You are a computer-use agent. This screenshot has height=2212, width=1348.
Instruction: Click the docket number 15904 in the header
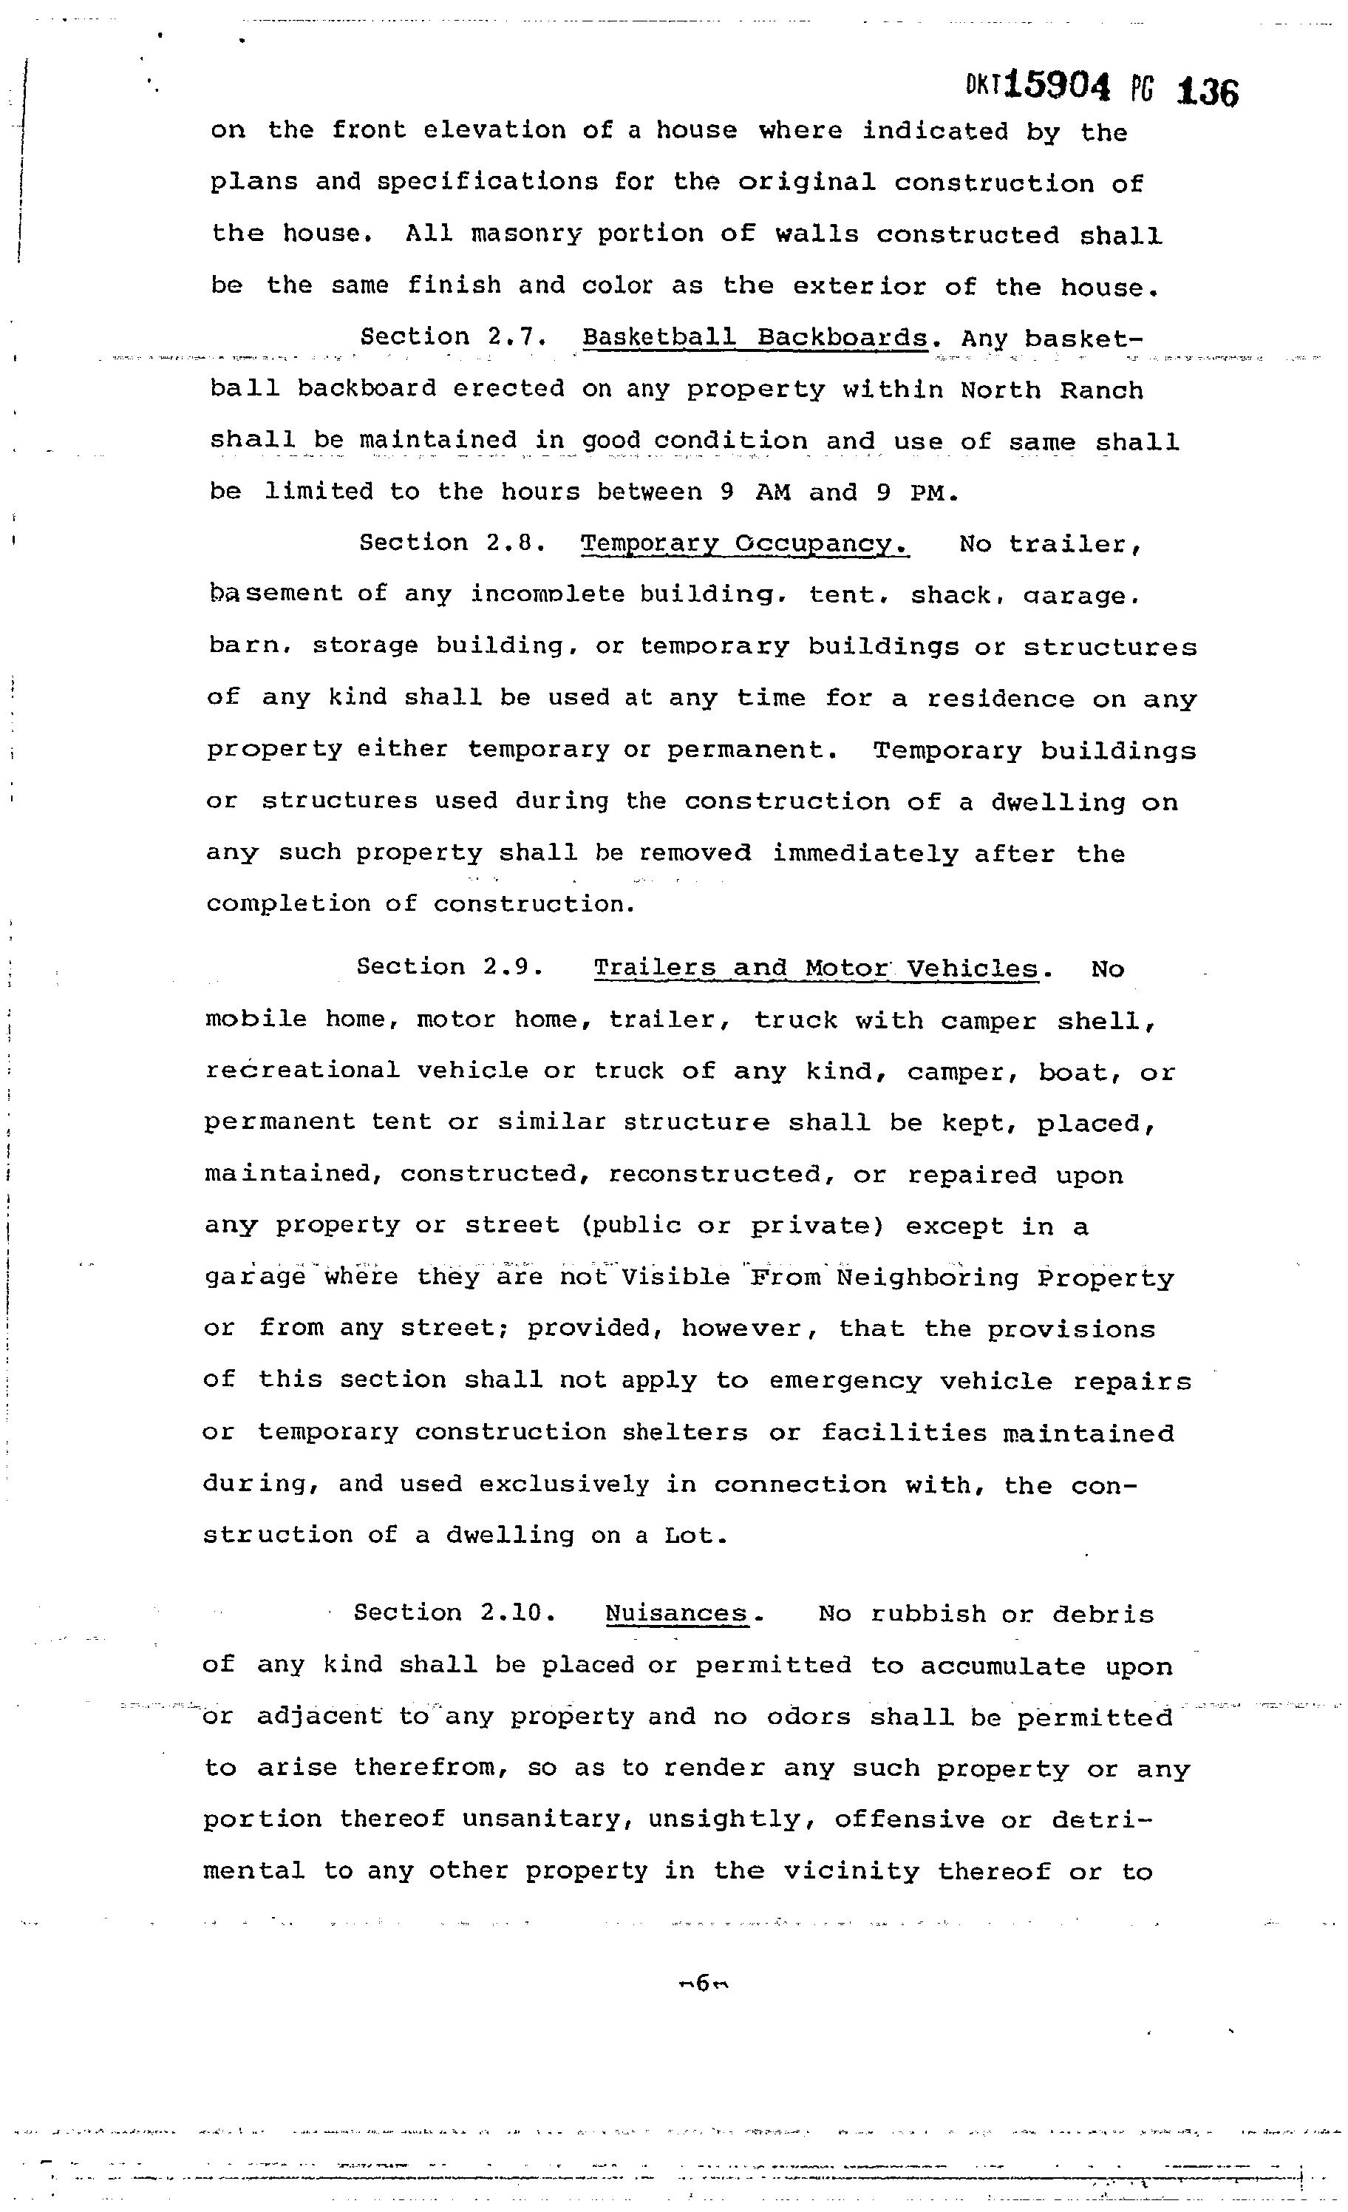click(x=1058, y=87)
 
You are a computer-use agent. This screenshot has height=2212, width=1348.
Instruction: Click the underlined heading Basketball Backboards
click(x=754, y=338)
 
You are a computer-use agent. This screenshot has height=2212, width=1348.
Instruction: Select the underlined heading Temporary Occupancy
click(x=744, y=544)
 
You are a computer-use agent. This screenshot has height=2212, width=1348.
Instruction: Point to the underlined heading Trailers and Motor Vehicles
click(x=815, y=968)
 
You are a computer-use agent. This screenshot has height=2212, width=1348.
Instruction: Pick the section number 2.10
click(x=518, y=1612)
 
